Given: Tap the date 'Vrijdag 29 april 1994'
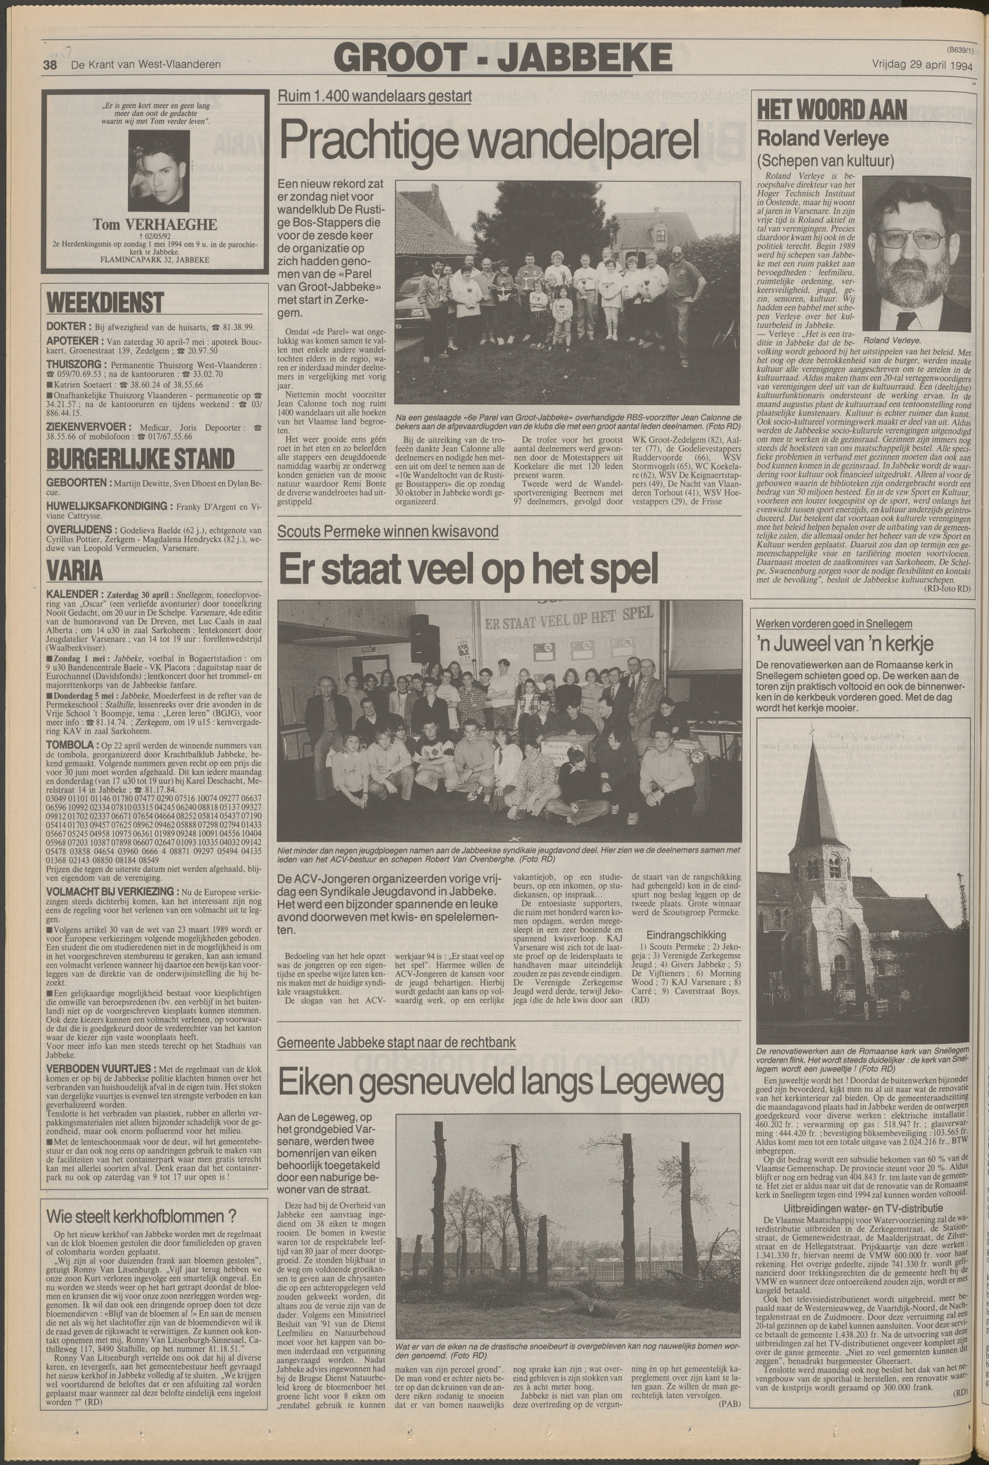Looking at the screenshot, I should click(x=922, y=64).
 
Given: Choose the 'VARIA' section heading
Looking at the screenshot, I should click(x=74, y=570).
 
